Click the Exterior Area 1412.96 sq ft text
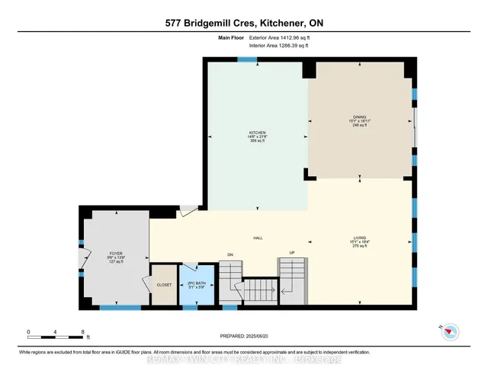coord(275,37)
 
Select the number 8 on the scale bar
coord(82,332)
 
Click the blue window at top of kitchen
coord(246,59)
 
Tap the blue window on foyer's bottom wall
coord(120,308)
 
